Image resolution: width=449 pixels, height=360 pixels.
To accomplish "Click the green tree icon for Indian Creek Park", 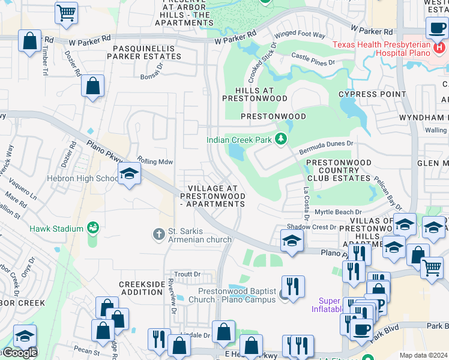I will [280, 139].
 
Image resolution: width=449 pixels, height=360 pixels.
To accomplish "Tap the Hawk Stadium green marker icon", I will [92, 228].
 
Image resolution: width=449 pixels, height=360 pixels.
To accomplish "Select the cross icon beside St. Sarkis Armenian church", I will [158, 233].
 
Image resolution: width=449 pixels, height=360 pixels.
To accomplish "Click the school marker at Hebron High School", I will [129, 175].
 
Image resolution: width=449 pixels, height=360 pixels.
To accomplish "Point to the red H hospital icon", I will [441, 47].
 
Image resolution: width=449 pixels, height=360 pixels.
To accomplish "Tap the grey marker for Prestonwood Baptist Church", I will [283, 295].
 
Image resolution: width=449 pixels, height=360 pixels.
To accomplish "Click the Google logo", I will [19, 353].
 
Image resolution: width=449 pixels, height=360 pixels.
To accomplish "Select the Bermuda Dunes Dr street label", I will [327, 144].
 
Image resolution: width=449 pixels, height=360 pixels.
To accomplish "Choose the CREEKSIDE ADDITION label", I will [142, 287].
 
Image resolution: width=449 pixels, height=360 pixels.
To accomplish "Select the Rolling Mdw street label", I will [155, 161].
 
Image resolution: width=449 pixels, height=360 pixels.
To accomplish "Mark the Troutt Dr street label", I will [188, 274].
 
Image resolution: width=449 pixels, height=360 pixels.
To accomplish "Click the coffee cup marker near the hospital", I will [436, 27].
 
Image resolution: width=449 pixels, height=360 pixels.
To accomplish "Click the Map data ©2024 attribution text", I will [423, 355].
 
